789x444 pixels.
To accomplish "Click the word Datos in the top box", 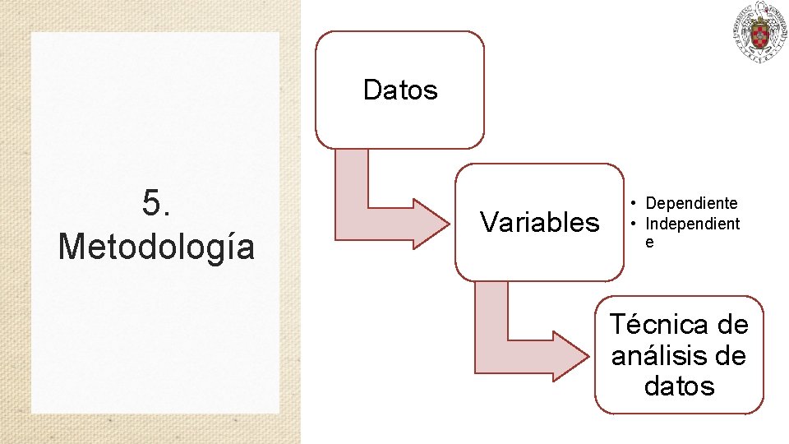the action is pyautogui.click(x=400, y=90).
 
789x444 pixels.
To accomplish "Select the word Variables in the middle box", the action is pyautogui.click(x=540, y=222).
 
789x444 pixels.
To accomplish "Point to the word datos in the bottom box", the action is pyautogui.click(x=680, y=386).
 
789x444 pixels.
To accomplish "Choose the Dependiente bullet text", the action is pyautogui.click(x=691, y=203).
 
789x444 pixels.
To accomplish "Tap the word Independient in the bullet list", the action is pyautogui.click(x=692, y=224).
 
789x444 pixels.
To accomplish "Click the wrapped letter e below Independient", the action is pyautogui.click(x=649, y=243).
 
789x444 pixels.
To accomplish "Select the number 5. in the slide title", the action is pyautogui.click(x=156, y=203).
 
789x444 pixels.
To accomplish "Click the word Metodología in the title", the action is pyautogui.click(x=156, y=246).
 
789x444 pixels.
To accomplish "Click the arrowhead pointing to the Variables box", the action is pyautogui.click(x=427, y=222).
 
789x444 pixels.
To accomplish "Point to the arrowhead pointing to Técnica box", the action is pyautogui.click(x=566, y=355).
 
